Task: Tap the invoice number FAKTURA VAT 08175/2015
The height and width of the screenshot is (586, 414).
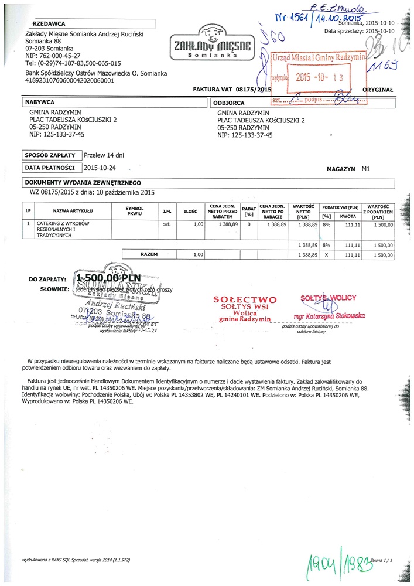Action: coord(232,90)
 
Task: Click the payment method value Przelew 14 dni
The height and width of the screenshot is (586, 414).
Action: coord(104,155)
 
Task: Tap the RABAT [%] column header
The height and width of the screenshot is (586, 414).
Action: coord(249,211)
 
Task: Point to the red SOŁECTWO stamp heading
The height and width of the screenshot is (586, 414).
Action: coord(245,299)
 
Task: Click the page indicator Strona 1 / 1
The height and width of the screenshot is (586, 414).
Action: coord(380,560)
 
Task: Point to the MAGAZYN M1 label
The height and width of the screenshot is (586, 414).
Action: coord(348,168)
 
